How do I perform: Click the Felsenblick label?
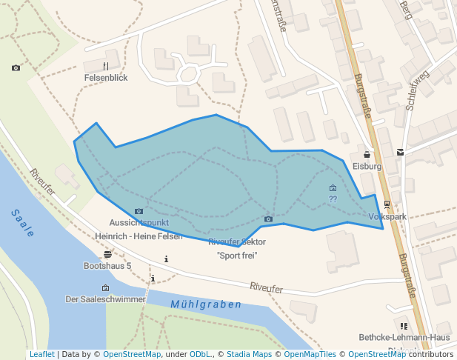(106, 77)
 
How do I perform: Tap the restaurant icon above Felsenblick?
(106, 66)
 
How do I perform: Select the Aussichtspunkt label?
(139, 222)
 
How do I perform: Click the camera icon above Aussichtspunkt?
(139, 212)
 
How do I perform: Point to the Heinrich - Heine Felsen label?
(139, 236)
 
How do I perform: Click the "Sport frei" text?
(237, 256)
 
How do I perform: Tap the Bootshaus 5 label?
(107, 265)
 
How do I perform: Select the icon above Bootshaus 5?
(107, 255)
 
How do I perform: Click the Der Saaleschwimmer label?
(105, 299)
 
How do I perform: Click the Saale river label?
(23, 222)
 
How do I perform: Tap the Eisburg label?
(367, 167)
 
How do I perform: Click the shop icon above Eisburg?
(367, 156)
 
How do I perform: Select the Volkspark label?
(387, 217)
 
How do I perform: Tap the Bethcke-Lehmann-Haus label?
(404, 337)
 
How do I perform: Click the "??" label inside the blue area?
(333, 199)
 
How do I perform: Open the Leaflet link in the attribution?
(41, 355)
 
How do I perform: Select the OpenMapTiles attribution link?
(307, 355)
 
